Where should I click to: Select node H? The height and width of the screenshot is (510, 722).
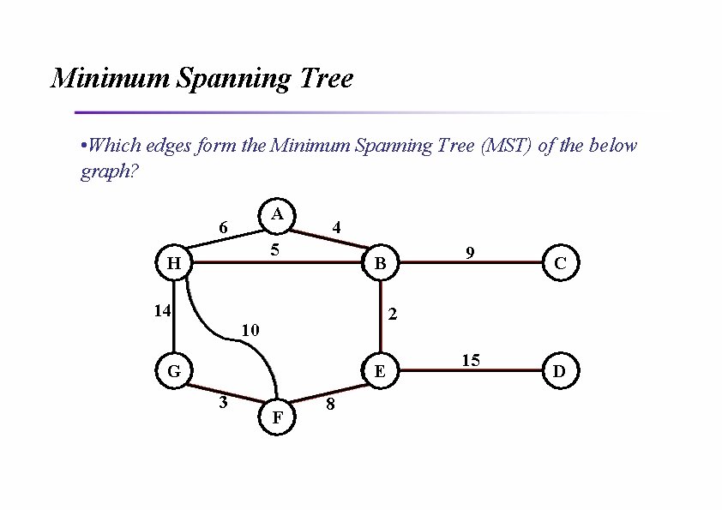[x=173, y=263]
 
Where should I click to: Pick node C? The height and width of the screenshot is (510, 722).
[x=560, y=263]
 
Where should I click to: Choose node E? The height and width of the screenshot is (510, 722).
[x=379, y=371]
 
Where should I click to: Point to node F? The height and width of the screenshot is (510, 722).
[x=277, y=417]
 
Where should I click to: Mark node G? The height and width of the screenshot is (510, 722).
[x=173, y=371]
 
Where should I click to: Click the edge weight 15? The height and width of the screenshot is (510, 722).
[x=471, y=360]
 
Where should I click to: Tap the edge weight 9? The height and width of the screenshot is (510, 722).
[x=470, y=252]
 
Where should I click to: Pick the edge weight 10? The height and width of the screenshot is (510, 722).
[x=250, y=330]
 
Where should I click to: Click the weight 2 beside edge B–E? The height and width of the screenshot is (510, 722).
[x=393, y=315]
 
